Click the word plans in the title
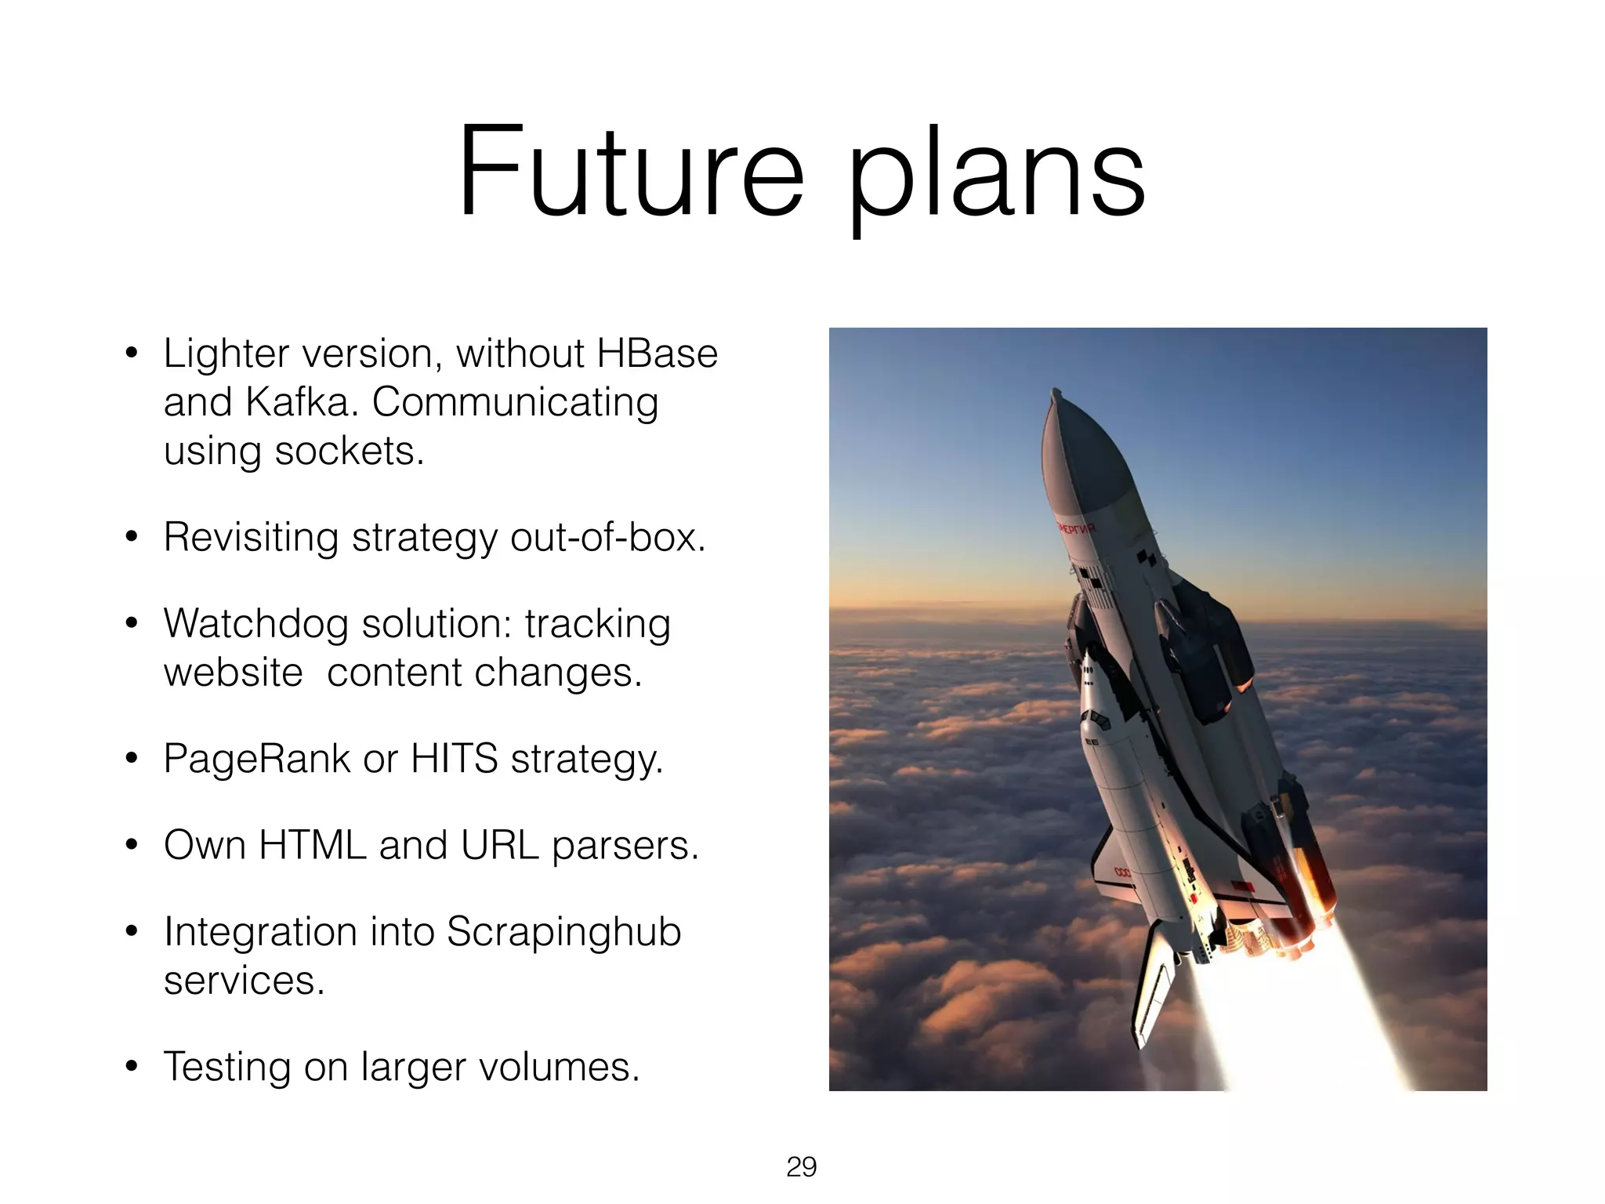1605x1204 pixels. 997,176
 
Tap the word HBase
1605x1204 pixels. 657,354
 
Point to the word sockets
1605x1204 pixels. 349,451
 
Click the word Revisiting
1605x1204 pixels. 251,538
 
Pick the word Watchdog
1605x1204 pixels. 255,624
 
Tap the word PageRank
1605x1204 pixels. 257,759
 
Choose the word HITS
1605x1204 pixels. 454,759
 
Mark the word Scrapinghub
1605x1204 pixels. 563,932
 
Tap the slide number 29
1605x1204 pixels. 801,1167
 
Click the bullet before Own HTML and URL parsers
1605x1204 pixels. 132,845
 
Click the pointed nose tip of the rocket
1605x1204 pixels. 1056,391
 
